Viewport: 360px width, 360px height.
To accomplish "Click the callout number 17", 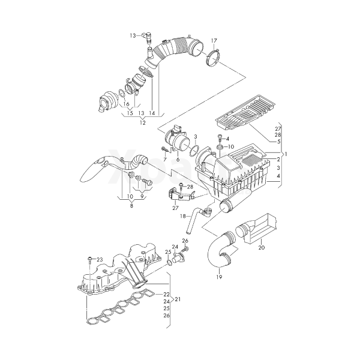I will (x=214, y=41).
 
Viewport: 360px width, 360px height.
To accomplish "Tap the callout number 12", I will (x=142, y=122).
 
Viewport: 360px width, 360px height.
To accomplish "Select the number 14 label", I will (x=152, y=113).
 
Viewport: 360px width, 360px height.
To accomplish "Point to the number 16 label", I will (x=127, y=104).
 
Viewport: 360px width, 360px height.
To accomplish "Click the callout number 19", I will (x=219, y=277).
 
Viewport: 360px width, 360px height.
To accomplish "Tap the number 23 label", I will (x=100, y=259).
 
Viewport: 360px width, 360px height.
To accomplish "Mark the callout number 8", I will (x=131, y=206).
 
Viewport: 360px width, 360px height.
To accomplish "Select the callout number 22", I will (x=166, y=294).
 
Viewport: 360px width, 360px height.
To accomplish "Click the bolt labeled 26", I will (x=185, y=247).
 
